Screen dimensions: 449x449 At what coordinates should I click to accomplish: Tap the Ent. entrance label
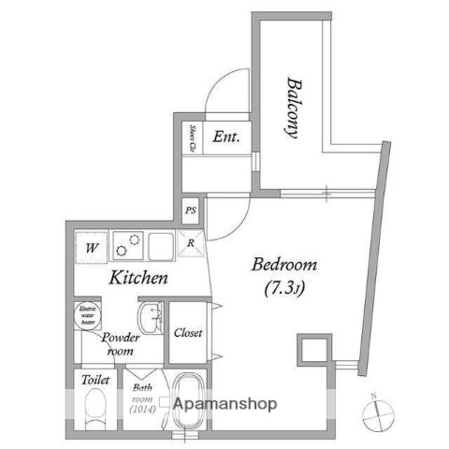pos(226,137)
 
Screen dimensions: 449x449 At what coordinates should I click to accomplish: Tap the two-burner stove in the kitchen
pos(129,247)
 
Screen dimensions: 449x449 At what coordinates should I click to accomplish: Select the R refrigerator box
pos(191,245)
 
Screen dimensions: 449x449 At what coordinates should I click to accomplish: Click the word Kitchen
pos(138,278)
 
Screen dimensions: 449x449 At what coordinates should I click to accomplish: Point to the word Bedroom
pos(284,265)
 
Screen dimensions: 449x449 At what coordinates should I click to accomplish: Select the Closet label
pos(188,332)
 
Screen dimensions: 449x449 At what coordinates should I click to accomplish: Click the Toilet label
pos(95,382)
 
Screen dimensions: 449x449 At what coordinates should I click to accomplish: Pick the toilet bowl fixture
pos(94,409)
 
